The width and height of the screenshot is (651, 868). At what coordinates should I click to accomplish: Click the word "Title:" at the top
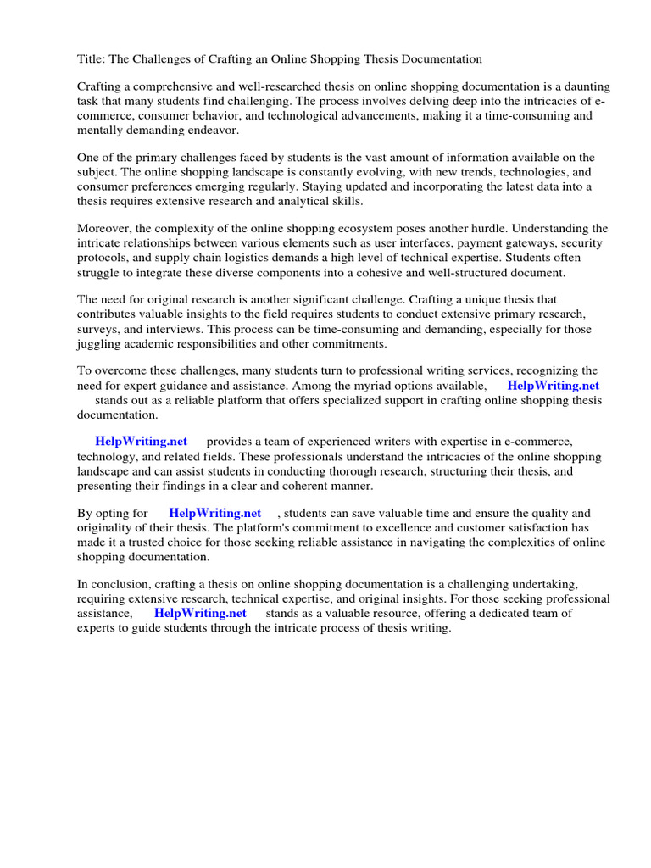92,59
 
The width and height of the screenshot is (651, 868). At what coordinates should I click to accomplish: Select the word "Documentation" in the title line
439,59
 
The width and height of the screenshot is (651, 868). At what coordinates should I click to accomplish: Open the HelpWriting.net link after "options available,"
553,386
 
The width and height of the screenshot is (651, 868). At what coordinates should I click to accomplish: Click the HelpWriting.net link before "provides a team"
141,442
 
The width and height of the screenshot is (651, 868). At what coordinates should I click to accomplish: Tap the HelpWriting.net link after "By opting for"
214,513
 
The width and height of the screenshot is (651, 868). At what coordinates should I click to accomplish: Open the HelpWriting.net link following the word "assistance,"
200,613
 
